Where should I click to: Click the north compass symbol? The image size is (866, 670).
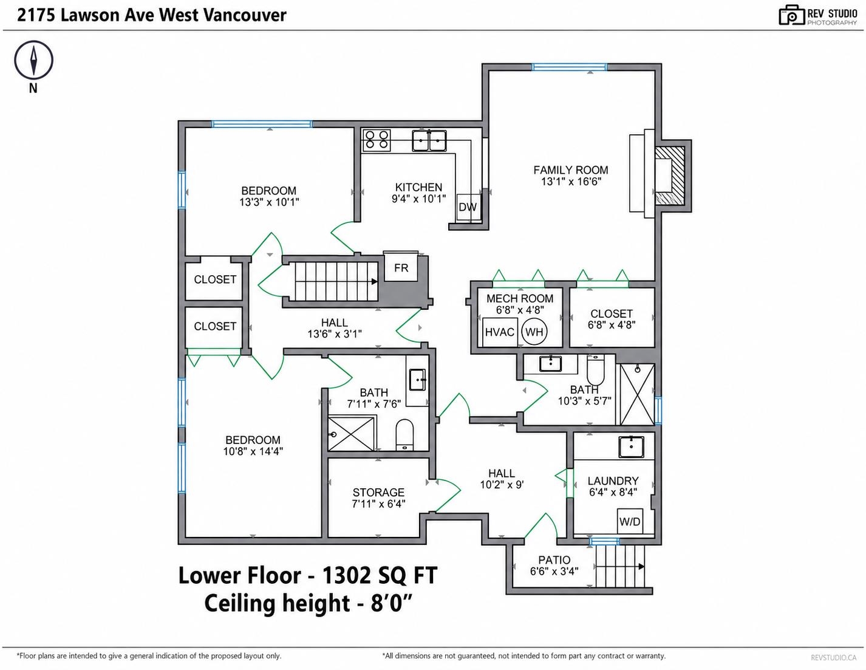click(33, 60)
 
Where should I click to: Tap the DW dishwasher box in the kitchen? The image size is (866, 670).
click(468, 207)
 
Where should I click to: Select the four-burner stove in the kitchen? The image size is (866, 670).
click(376, 140)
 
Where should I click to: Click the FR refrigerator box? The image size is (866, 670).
click(401, 267)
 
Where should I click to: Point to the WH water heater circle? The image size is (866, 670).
click(534, 332)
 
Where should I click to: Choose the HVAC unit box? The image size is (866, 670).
click(499, 332)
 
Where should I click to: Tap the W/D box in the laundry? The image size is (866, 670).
click(630, 521)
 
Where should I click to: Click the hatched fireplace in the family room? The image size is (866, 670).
click(670, 176)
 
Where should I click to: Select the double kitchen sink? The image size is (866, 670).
click(429, 140)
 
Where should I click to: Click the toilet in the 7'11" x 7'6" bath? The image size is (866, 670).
click(404, 434)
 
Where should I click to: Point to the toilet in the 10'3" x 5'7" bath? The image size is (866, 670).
click(595, 369)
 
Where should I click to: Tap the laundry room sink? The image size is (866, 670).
click(631, 447)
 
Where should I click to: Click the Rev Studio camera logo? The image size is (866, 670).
click(792, 16)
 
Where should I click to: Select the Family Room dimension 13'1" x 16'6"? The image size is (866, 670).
click(571, 182)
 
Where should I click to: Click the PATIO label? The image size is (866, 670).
click(554, 560)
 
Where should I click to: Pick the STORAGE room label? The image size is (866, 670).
click(378, 492)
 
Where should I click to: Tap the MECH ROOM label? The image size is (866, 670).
click(520, 298)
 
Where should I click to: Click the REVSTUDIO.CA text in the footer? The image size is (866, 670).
click(833, 658)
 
